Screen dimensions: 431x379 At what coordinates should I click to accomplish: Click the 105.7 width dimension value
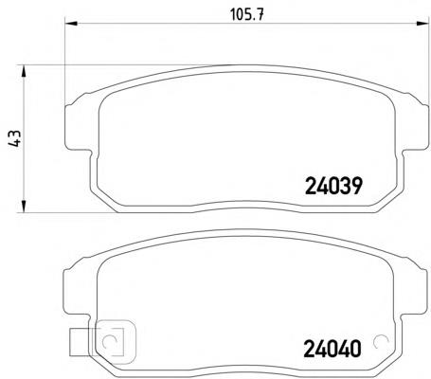click(247, 14)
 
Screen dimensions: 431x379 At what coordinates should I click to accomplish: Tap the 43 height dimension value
click(14, 138)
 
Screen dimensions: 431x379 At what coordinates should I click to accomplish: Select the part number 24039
click(333, 186)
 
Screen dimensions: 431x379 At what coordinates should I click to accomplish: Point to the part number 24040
click(332, 349)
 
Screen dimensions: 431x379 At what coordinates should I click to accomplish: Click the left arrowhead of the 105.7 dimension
click(71, 23)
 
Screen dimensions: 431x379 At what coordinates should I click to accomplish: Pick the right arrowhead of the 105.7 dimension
click(423, 23)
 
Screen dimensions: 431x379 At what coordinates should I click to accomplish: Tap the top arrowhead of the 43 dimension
click(23, 71)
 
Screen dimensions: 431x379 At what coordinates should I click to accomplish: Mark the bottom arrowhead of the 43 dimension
click(23, 207)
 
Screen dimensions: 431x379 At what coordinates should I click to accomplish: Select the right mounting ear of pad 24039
click(416, 126)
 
